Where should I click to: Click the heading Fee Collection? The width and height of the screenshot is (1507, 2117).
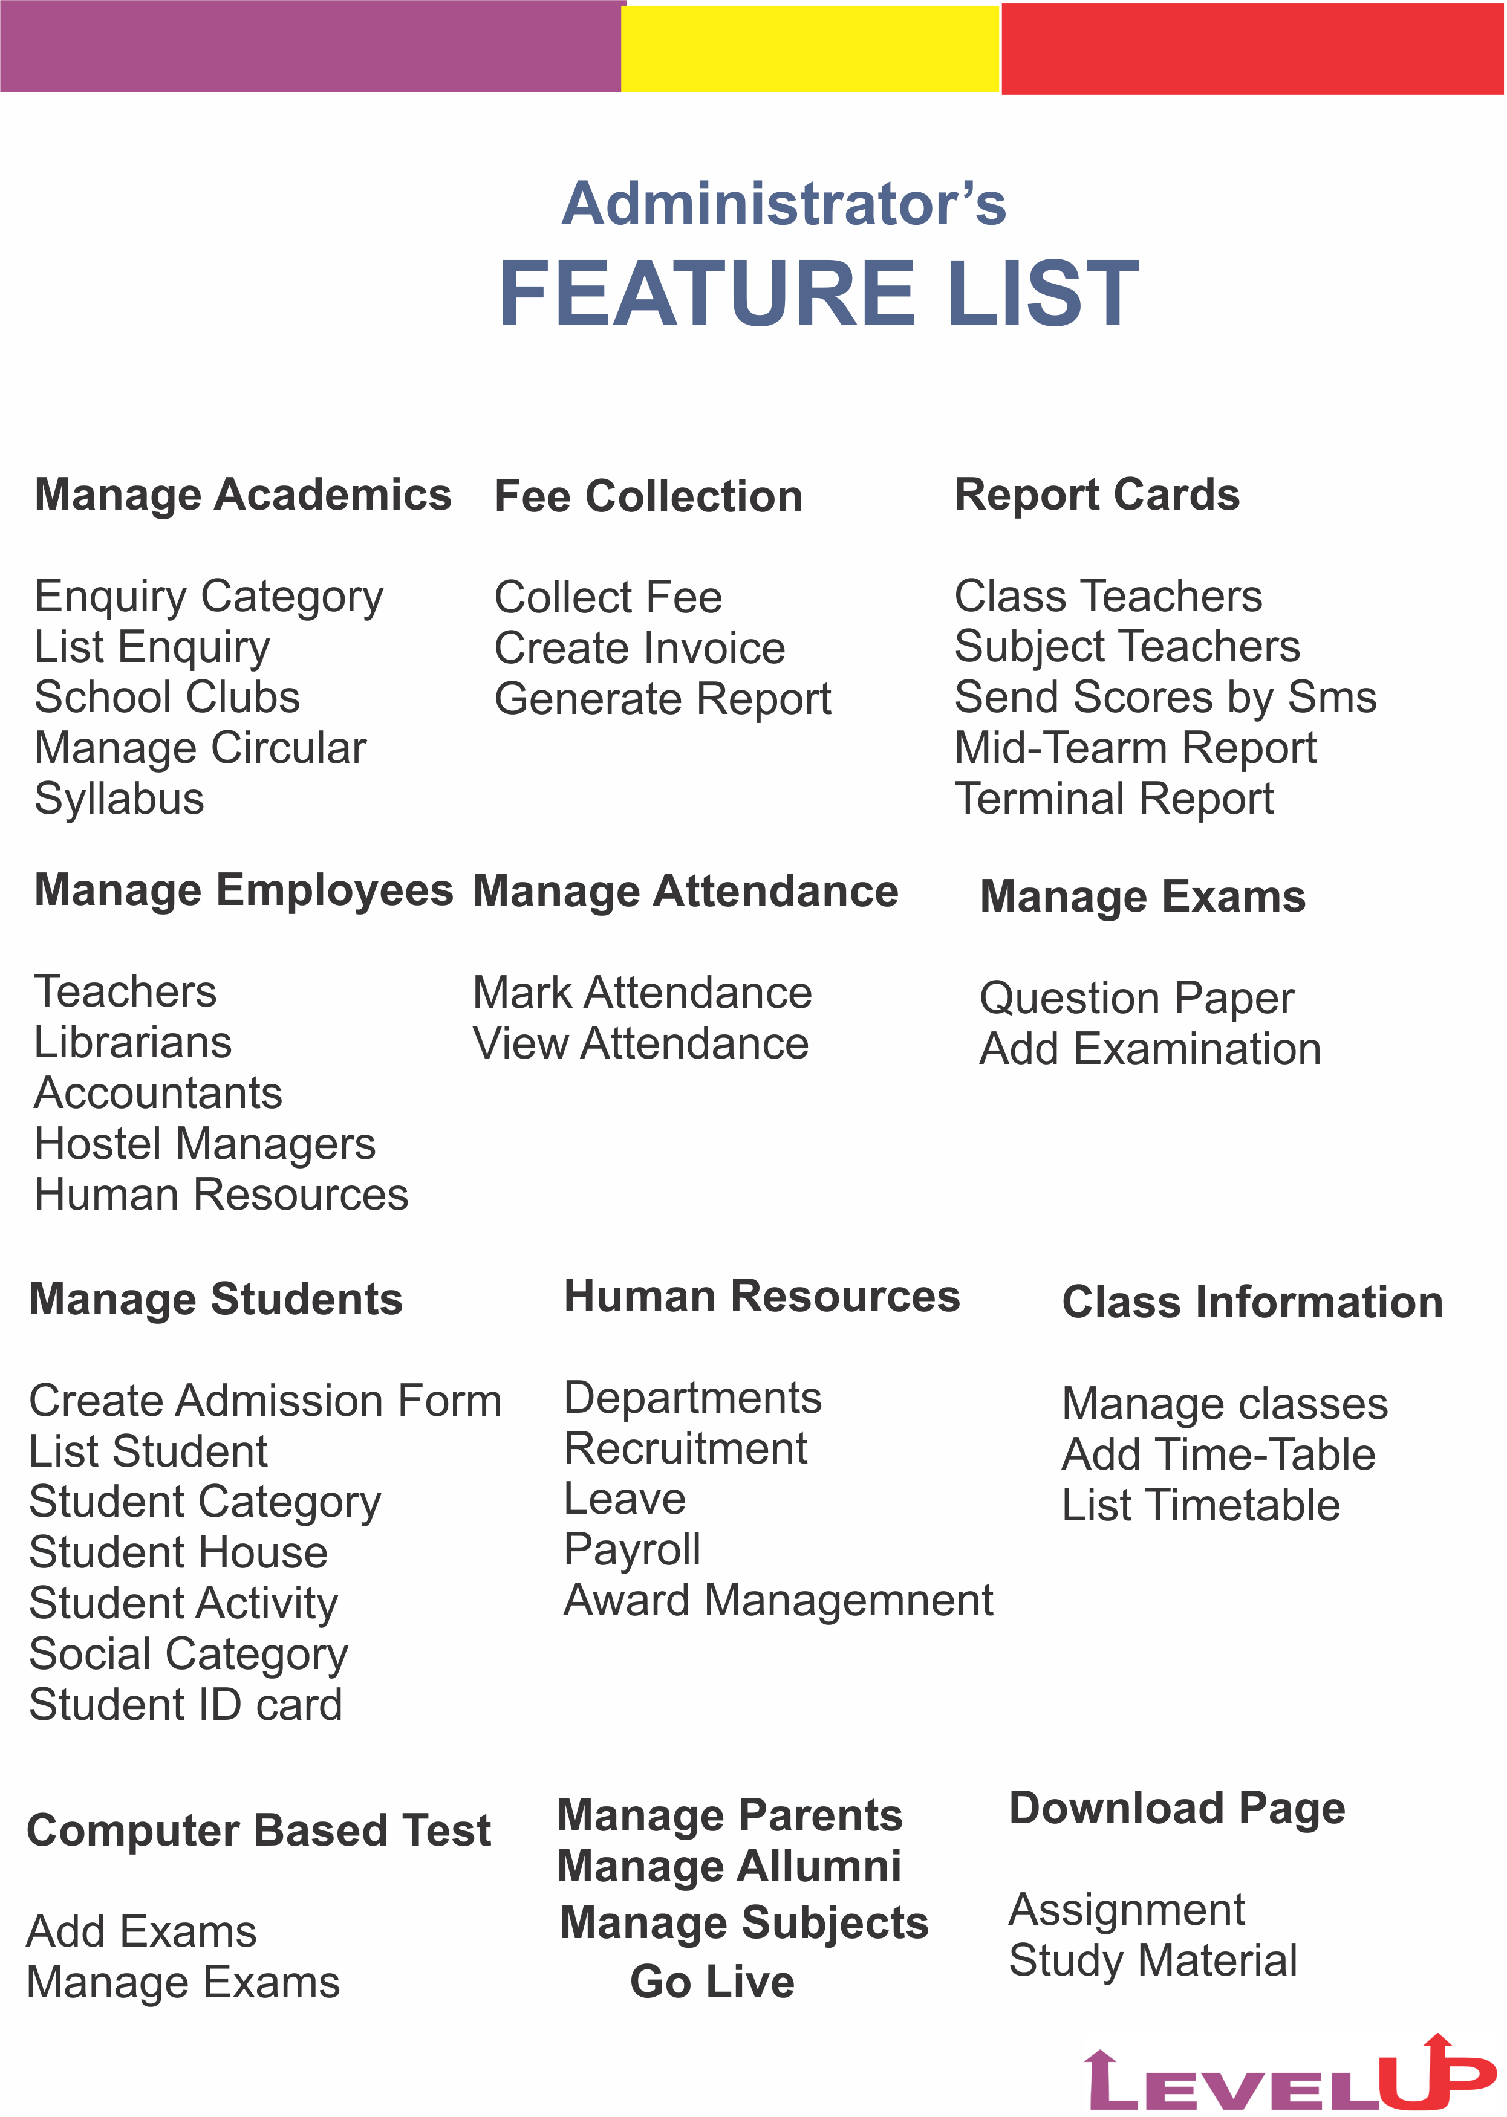click(648, 496)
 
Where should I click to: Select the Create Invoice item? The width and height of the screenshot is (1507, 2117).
click(639, 647)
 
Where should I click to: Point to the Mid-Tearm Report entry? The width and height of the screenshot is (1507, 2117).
click(1135, 748)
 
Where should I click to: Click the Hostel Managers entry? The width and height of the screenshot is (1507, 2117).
click(205, 1144)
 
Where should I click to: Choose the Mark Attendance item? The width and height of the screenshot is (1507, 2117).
click(642, 993)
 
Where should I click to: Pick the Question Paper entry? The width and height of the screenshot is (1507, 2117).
click(1137, 998)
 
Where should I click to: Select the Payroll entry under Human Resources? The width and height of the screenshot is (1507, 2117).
click(632, 1549)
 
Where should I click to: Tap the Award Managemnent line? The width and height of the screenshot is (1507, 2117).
click(778, 1600)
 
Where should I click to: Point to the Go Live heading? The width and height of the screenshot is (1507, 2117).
click(712, 1982)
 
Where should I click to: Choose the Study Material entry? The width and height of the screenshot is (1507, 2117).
click(1153, 1960)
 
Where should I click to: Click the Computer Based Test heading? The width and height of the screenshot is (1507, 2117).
click(259, 1830)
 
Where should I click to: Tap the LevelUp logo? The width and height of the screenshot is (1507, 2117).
click(1290, 2074)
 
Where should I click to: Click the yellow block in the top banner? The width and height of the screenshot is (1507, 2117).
click(809, 48)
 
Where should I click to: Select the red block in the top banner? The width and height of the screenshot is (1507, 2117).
click(1252, 48)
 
